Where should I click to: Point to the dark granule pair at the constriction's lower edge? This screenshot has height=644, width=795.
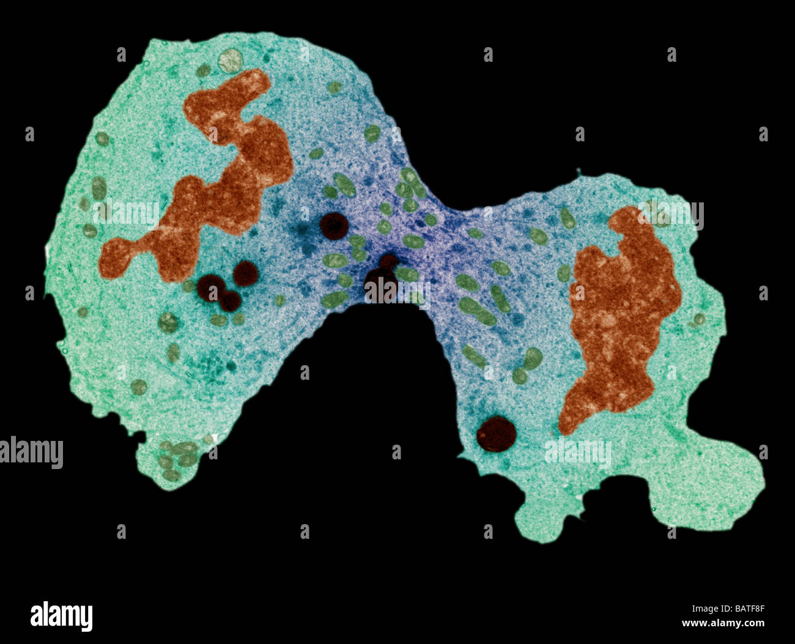382,281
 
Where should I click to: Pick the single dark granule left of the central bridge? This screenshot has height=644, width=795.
334,226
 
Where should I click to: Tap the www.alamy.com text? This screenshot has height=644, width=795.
723,623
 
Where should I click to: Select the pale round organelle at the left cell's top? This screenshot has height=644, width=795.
231,60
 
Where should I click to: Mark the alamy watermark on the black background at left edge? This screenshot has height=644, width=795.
31,453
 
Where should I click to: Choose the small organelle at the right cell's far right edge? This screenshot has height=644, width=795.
698,319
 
